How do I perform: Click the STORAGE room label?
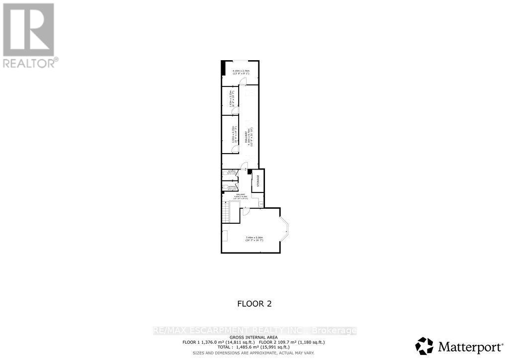(258, 181)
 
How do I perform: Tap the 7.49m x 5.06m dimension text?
(254, 239)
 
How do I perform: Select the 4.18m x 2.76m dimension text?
(241, 73)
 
